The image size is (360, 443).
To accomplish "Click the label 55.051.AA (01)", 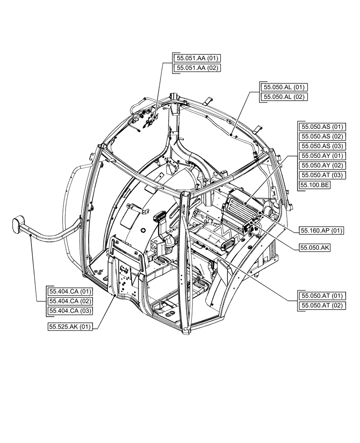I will click(x=198, y=58).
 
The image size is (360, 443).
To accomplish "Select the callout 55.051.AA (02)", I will click(x=198, y=68).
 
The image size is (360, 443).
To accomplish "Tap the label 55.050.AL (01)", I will click(x=285, y=87).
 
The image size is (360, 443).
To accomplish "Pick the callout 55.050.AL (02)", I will click(x=285, y=97).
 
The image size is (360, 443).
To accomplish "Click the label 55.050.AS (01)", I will click(x=321, y=126).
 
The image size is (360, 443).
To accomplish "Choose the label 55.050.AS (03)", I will click(x=321, y=146).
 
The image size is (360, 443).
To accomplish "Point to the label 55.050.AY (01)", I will click(x=321, y=155).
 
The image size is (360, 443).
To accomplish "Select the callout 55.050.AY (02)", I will click(x=321, y=165).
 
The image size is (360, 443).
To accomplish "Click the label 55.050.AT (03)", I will click(x=321, y=175).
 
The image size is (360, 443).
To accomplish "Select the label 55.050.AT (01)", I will click(x=321, y=295).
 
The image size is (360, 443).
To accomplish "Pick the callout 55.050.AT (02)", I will click(x=321, y=305).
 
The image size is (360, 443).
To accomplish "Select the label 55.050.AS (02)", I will click(x=321, y=136).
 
